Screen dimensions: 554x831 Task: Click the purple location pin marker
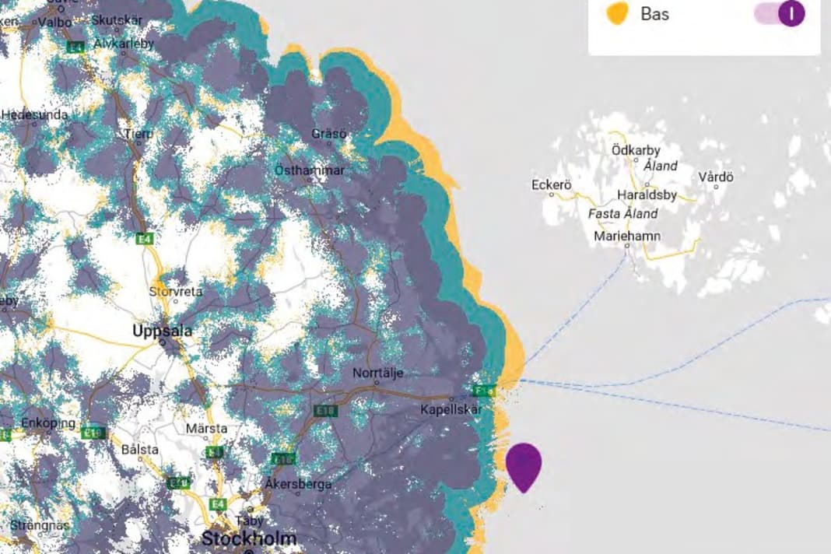click(x=524, y=465)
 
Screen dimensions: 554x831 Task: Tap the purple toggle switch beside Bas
click(x=780, y=14)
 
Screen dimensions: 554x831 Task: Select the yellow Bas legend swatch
click(x=617, y=13)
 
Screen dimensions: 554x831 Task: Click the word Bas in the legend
click(x=654, y=14)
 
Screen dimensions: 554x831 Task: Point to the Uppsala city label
click(x=162, y=331)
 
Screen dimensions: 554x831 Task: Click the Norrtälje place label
click(x=378, y=373)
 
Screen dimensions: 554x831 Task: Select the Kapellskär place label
click(x=451, y=409)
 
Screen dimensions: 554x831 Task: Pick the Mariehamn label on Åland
click(x=627, y=236)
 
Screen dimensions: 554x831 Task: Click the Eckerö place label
click(x=552, y=185)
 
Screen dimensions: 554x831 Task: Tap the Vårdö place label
click(x=716, y=177)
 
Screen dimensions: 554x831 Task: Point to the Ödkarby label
click(x=636, y=150)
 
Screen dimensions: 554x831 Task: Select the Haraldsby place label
click(x=647, y=195)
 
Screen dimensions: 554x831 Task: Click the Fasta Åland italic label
click(x=623, y=214)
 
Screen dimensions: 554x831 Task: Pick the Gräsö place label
click(x=329, y=134)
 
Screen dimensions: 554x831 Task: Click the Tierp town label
click(x=138, y=133)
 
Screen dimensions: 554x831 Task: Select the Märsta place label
click(x=206, y=428)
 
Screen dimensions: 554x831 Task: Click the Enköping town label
click(x=48, y=423)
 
